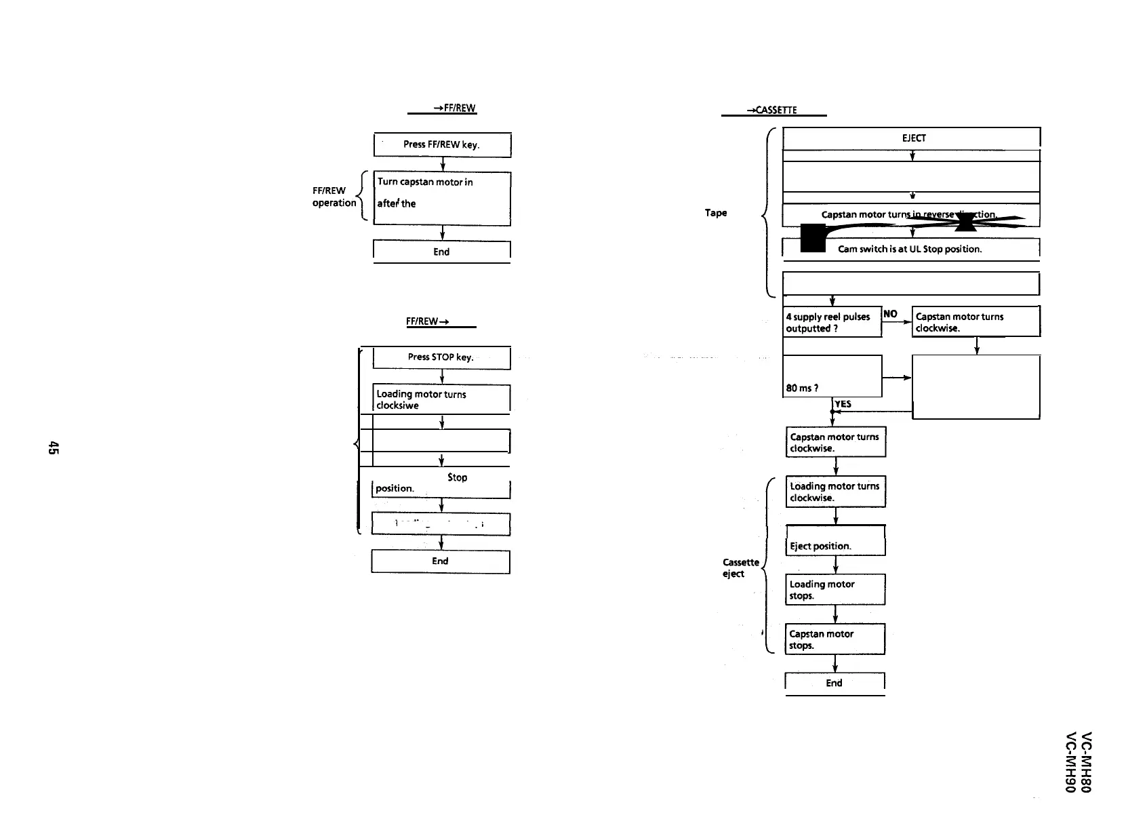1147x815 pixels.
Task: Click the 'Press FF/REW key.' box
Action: coord(441,144)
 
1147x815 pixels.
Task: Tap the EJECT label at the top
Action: coord(913,138)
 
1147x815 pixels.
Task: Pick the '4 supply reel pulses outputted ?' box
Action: coord(832,322)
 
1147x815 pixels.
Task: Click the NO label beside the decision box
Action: coord(890,314)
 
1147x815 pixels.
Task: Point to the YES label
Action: coord(843,404)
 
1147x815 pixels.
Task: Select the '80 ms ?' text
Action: coord(802,389)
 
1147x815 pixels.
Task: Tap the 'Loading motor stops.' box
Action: coord(835,590)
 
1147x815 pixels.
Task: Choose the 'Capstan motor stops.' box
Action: coord(835,639)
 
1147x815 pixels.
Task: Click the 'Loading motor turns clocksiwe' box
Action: coord(441,399)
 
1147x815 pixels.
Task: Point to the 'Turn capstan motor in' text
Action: coord(425,182)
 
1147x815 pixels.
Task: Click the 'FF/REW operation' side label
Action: coord(334,197)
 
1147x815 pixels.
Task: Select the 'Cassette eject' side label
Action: coord(740,568)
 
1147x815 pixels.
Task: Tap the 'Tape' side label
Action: coord(716,213)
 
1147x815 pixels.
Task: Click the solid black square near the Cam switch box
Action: coord(812,239)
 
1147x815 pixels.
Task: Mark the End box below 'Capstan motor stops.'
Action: coord(834,683)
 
